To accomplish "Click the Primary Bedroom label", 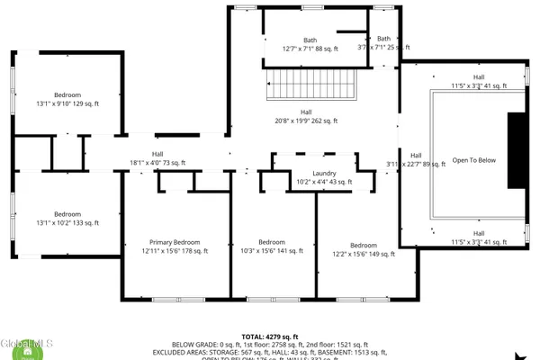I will pyautogui.click(x=175, y=247).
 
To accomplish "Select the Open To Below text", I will pyautogui.click(x=473, y=160).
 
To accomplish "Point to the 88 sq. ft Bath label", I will pyautogui.click(x=310, y=44).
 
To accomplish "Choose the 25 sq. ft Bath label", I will pyautogui.click(x=384, y=44).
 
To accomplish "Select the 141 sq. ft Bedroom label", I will pyautogui.click(x=271, y=247).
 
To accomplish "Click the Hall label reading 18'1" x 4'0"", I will pyautogui.click(x=157, y=158).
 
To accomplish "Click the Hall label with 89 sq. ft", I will pyautogui.click(x=416, y=159).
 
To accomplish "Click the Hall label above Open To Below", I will pyautogui.click(x=478, y=82).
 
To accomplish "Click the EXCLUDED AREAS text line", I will pyautogui.click(x=270, y=352).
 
